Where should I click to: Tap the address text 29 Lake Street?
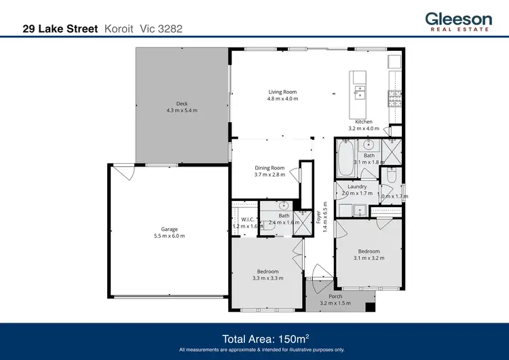coord(60,29)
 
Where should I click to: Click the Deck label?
coord(182,104)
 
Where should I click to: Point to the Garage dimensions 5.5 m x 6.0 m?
coord(169,236)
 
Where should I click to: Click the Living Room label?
coord(282,92)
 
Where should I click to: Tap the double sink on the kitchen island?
coord(360,92)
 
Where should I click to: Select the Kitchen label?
coord(364,122)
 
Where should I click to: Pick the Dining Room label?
coord(269,168)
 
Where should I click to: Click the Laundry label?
coord(357,187)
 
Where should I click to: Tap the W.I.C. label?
coord(239,219)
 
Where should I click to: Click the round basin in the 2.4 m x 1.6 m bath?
coord(284,205)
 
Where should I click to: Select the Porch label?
coord(335,296)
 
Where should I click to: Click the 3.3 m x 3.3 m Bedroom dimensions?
coord(267,278)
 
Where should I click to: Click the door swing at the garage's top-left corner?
coord(119,173)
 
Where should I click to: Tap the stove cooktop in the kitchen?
coord(394,99)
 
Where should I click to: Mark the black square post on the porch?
coord(370,308)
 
